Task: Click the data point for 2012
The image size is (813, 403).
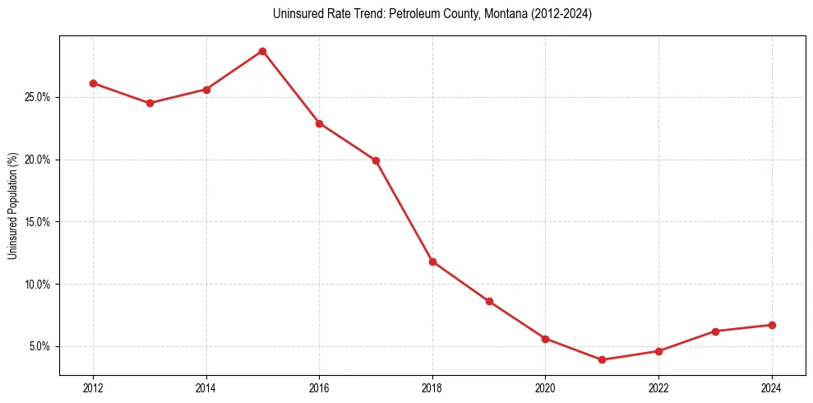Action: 93,83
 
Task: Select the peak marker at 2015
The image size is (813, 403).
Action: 262,51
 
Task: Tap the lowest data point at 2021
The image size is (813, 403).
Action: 603,359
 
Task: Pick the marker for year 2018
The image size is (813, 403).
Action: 432,262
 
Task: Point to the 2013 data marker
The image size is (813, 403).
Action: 150,103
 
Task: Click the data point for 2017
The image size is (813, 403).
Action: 376,160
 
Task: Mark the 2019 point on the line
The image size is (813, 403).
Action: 489,301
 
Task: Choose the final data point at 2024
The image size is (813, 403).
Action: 772,325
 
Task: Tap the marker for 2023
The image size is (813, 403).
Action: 715,331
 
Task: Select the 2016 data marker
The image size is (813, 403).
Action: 319,123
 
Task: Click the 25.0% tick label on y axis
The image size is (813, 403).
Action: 38,97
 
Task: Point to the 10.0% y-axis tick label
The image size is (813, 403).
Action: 38,285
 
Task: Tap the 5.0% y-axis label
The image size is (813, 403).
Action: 40,346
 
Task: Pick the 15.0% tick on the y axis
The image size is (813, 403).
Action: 38,222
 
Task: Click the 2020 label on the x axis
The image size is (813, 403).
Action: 545,387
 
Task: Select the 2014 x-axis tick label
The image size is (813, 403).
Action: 206,387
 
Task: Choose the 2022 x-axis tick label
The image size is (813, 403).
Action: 658,387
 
